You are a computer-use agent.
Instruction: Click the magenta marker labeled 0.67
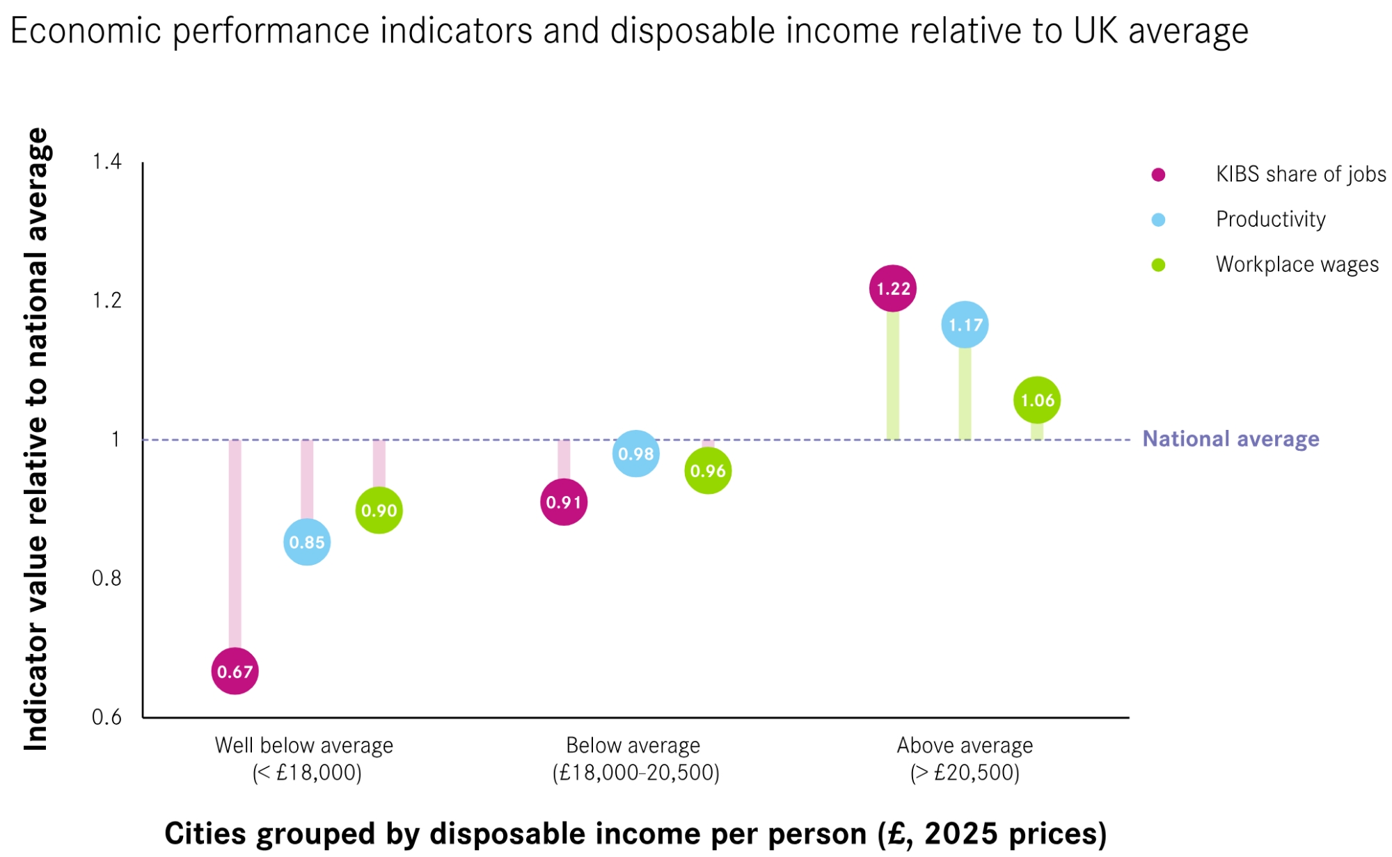tap(235, 671)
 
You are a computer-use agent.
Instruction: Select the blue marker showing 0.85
tap(307, 542)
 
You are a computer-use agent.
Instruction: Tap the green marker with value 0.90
tap(379, 511)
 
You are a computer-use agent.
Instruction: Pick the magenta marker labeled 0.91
tap(564, 502)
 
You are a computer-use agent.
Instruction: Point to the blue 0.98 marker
tap(636, 454)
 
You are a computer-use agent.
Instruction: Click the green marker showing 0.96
tap(708, 471)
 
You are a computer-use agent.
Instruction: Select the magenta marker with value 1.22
tap(893, 289)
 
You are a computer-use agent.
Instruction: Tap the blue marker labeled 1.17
tap(965, 325)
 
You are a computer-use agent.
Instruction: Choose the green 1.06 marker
tap(1037, 400)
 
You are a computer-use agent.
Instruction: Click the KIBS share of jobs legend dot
tap(1158, 175)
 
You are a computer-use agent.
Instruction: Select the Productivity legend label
tap(1270, 219)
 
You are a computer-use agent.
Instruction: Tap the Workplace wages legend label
tap(1297, 264)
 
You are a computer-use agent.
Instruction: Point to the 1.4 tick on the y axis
tap(107, 161)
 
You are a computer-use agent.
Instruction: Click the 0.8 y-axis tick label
tap(106, 578)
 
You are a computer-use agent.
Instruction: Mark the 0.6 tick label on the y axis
tap(106, 717)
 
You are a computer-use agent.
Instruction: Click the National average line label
tap(1231, 439)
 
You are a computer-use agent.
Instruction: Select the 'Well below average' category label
tap(304, 746)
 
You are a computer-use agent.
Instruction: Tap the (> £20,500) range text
tap(965, 773)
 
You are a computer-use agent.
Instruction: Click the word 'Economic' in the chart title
tap(86, 31)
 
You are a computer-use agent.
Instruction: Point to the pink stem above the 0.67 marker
tap(235, 543)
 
